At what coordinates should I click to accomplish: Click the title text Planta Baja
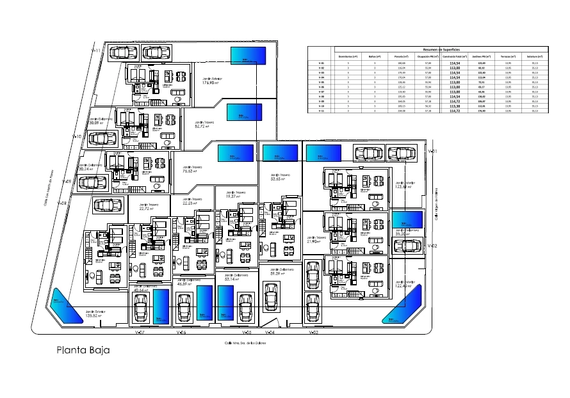[x=83, y=350]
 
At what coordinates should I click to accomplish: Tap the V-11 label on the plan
[x=96, y=50]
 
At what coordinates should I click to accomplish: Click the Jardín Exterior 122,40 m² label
[x=403, y=284]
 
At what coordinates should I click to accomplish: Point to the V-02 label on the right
[x=432, y=246]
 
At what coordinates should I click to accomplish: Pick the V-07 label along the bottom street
[x=140, y=333]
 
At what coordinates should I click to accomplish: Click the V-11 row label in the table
[x=322, y=111]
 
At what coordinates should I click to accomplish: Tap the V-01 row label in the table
[x=322, y=63]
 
